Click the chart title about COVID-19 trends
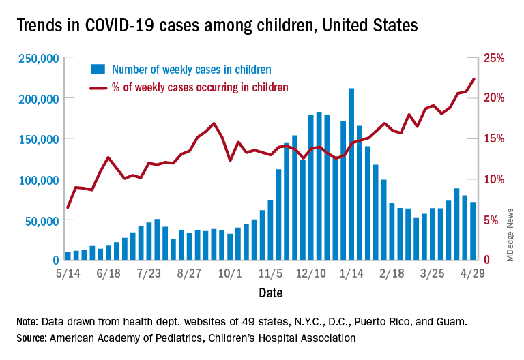[x=217, y=27]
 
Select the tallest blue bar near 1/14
[x=351, y=174]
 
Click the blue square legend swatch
[x=98, y=69]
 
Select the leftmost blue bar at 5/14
[x=68, y=256]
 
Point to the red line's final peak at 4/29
[x=474, y=79]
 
